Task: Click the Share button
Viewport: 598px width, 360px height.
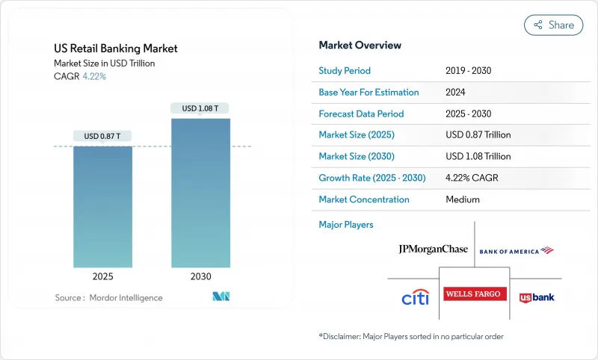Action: coord(553,25)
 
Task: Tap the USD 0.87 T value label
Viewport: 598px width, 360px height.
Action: coord(102,136)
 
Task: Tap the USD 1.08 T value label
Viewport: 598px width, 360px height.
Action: coord(200,108)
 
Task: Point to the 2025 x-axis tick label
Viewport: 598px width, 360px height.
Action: coord(102,276)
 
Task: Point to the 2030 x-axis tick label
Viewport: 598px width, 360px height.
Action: coord(200,276)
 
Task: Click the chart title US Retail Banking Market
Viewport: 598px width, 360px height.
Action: coord(116,49)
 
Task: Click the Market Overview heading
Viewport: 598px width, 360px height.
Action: coord(360,46)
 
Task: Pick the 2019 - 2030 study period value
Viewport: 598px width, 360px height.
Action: coord(468,71)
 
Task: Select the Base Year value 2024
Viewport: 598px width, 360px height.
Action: coord(456,93)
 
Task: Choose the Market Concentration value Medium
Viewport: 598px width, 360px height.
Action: coord(462,199)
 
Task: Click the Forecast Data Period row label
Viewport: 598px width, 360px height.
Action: coord(361,114)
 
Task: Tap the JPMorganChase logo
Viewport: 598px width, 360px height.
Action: coord(434,249)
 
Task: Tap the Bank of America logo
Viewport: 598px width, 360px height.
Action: coord(516,251)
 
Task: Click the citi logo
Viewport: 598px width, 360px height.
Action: coord(415,298)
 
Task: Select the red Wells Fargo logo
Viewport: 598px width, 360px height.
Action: coord(475,294)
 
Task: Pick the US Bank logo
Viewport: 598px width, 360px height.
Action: coord(537,297)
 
